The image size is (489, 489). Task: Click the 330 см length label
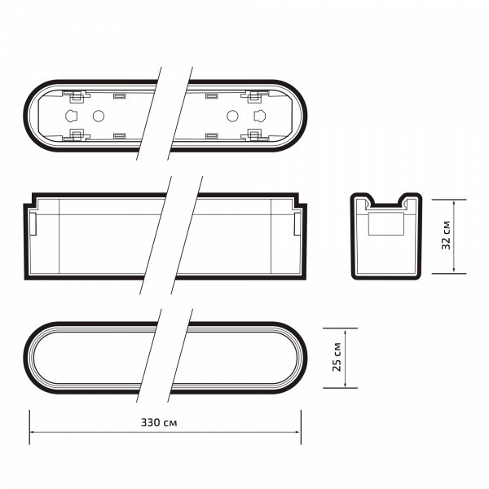tap(159, 422)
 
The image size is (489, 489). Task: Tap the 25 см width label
tap(337, 357)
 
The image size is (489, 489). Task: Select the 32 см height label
tap(446, 236)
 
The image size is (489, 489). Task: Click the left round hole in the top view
tap(99, 116)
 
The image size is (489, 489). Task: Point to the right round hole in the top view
tap(232, 116)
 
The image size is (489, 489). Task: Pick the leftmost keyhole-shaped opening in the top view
tap(72, 116)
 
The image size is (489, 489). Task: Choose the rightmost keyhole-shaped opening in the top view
tap(260, 116)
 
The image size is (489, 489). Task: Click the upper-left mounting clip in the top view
tap(76, 96)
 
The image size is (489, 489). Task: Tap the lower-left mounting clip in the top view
tap(76, 135)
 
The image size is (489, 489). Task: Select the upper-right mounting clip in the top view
tap(254, 96)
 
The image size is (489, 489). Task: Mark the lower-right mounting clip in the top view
tap(254, 135)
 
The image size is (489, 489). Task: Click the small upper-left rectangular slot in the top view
tap(120, 96)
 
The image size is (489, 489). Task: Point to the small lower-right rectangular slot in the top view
tap(212, 135)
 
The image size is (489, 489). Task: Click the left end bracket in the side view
tap(33, 224)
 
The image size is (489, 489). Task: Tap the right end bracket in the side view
tap(297, 224)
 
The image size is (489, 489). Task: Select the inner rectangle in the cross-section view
tap(386, 224)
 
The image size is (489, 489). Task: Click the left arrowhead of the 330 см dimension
tap(32, 432)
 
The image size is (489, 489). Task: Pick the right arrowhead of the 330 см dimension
tap(298, 432)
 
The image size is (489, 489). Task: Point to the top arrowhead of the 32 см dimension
tap(454, 203)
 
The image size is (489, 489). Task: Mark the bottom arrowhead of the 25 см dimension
tap(345, 385)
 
